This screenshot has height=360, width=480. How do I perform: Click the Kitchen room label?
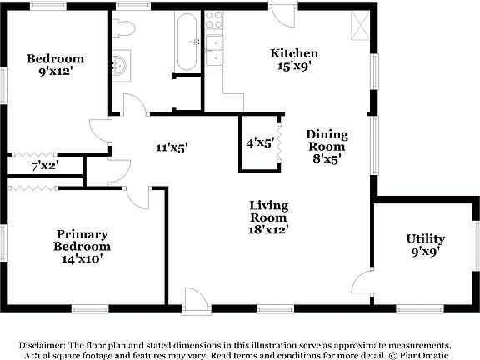tap(294, 53)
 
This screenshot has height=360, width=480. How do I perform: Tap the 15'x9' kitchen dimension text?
tap(294, 67)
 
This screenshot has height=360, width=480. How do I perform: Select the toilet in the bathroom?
tap(124, 27)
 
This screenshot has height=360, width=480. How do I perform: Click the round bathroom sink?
tap(121, 66)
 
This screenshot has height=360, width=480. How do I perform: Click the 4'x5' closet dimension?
tap(259, 142)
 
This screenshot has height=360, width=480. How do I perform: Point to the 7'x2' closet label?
tap(45, 167)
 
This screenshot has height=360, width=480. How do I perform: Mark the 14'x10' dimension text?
tap(82, 258)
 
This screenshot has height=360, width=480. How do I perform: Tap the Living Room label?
tap(268, 212)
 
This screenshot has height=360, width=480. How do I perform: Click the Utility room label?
tap(425, 238)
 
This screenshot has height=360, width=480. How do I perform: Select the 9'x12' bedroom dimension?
tap(55, 73)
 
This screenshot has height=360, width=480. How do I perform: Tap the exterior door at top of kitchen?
tap(282, 16)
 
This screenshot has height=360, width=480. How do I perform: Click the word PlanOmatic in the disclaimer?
tap(422, 353)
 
